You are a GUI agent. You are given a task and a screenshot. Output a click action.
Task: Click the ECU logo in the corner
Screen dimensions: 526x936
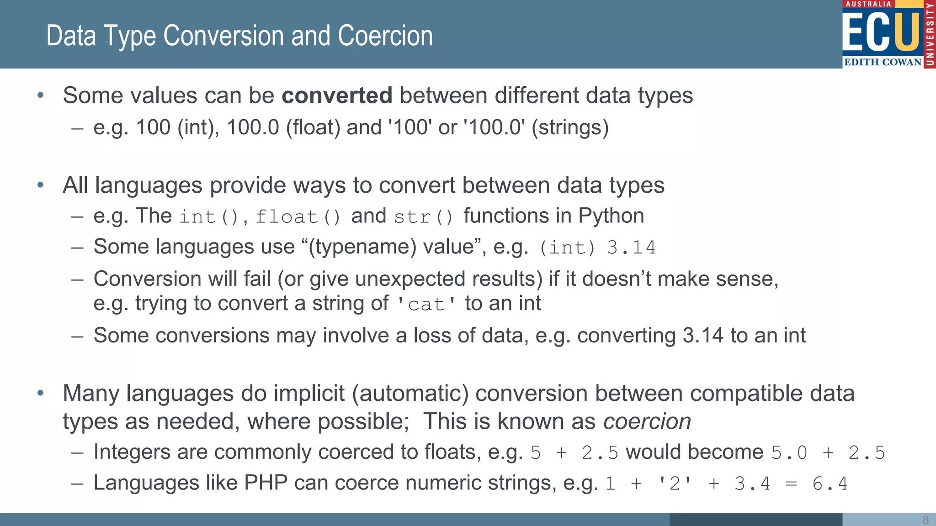888,34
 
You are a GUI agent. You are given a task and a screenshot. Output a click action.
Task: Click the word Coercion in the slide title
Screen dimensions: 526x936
385,36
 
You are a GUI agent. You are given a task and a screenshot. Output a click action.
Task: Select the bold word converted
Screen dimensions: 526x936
337,95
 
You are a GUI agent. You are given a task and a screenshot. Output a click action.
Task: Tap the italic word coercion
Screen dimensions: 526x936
647,421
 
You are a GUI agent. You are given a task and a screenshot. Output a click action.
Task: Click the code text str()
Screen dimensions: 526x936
423,217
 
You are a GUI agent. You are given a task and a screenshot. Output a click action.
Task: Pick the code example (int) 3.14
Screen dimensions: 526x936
597,247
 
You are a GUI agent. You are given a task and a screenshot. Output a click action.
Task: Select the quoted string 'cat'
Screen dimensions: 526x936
425,304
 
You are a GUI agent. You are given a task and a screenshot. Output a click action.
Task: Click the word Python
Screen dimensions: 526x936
611,216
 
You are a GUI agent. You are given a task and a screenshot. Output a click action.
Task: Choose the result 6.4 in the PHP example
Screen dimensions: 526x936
830,484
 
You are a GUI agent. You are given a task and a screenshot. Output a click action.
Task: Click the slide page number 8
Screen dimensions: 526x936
925,520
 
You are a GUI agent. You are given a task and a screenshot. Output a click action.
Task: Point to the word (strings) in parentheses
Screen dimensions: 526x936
570,127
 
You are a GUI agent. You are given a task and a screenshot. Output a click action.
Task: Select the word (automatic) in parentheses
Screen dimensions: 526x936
410,394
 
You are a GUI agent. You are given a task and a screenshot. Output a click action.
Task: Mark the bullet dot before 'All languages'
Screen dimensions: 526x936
41,185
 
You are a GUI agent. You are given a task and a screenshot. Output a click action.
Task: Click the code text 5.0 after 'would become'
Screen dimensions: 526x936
789,453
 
